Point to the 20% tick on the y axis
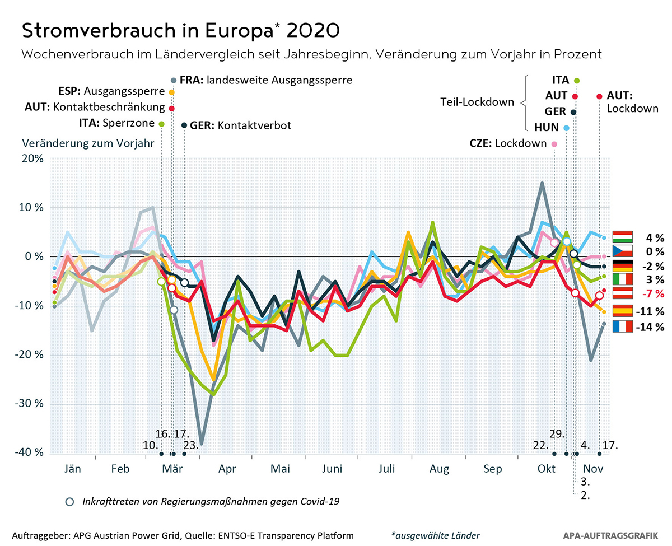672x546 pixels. (32, 158)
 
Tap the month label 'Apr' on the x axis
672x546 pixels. (227, 469)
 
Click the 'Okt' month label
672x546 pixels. (546, 469)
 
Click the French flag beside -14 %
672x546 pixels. (622, 326)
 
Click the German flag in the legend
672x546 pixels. (622, 266)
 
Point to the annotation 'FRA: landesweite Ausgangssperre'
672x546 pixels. (262, 80)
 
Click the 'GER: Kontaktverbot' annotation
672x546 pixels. (241, 125)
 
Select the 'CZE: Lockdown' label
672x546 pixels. (508, 143)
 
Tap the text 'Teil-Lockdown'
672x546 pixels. (484, 102)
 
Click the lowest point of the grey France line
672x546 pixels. (201, 444)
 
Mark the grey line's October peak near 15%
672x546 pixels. (542, 183)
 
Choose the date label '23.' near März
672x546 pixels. (192, 446)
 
